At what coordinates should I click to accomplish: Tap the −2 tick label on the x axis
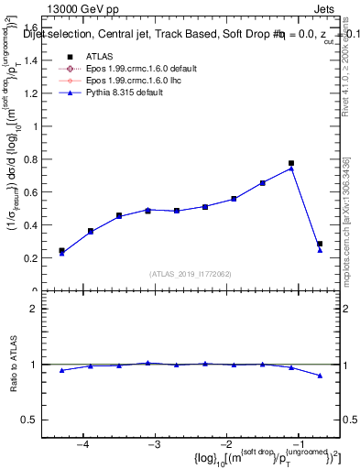[227, 444]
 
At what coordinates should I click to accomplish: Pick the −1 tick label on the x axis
[299, 444]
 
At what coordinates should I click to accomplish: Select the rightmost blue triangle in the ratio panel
[320, 376]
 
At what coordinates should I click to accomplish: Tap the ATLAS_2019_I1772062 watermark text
[191, 274]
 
